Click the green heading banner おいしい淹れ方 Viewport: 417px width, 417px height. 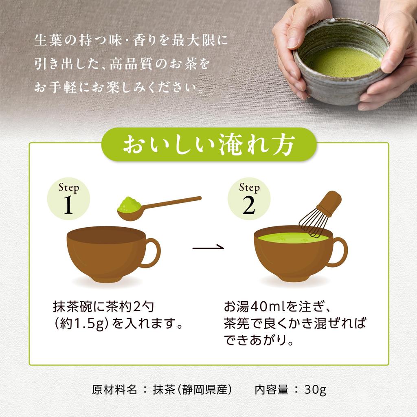[208, 145]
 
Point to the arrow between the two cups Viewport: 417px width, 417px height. [208, 247]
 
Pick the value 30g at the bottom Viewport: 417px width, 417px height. [315, 390]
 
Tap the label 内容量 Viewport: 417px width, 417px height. [272, 390]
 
